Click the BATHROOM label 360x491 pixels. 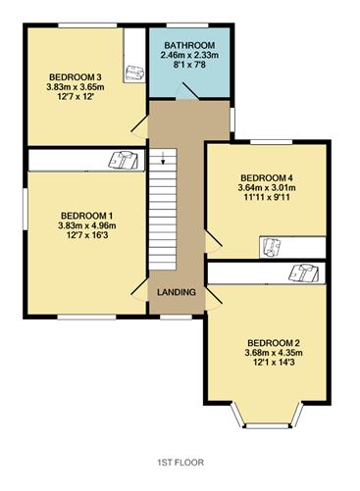pos(189,45)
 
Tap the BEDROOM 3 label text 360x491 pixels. pos(76,77)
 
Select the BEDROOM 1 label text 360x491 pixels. pos(87,216)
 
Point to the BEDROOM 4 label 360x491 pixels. pos(267,178)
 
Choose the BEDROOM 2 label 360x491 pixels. pos(274,343)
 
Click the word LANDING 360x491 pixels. pos(177,292)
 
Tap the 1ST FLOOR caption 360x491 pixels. pos(180,463)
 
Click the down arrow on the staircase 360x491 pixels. pos(163,158)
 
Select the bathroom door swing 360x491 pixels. pos(187,90)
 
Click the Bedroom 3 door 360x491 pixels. pos(139,124)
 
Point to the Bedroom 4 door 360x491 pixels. pos(214,240)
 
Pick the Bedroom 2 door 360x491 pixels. pos(214,297)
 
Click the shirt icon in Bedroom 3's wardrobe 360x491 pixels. pos(134,73)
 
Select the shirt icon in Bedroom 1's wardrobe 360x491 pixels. pos(124,160)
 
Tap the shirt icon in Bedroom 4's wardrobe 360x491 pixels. pos(272,247)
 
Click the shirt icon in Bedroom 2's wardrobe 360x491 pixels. pos(304,272)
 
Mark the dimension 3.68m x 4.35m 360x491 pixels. pos(274,353)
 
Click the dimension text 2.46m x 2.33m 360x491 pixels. pos(189,55)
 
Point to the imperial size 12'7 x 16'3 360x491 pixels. pos(87,235)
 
